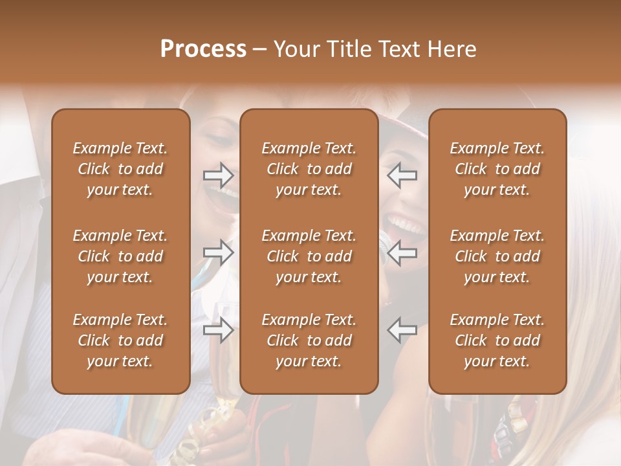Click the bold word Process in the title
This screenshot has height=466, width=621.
tap(203, 49)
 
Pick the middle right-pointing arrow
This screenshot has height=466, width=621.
tap(219, 252)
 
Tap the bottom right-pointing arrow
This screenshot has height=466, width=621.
tap(219, 329)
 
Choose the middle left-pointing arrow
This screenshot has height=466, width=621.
tap(402, 252)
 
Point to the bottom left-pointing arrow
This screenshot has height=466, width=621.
tap(402, 329)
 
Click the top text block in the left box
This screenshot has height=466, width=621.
tap(120, 169)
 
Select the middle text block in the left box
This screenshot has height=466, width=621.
tap(120, 256)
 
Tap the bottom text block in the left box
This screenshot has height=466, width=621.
tap(120, 340)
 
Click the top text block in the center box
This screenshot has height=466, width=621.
tap(309, 169)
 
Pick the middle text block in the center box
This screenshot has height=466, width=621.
tap(309, 256)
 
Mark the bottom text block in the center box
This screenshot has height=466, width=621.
tap(309, 340)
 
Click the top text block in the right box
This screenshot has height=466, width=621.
tap(497, 169)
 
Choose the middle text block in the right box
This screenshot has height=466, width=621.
tap(497, 256)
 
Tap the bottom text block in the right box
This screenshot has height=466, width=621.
tap(497, 340)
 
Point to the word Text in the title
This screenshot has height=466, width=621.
tap(399, 49)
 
